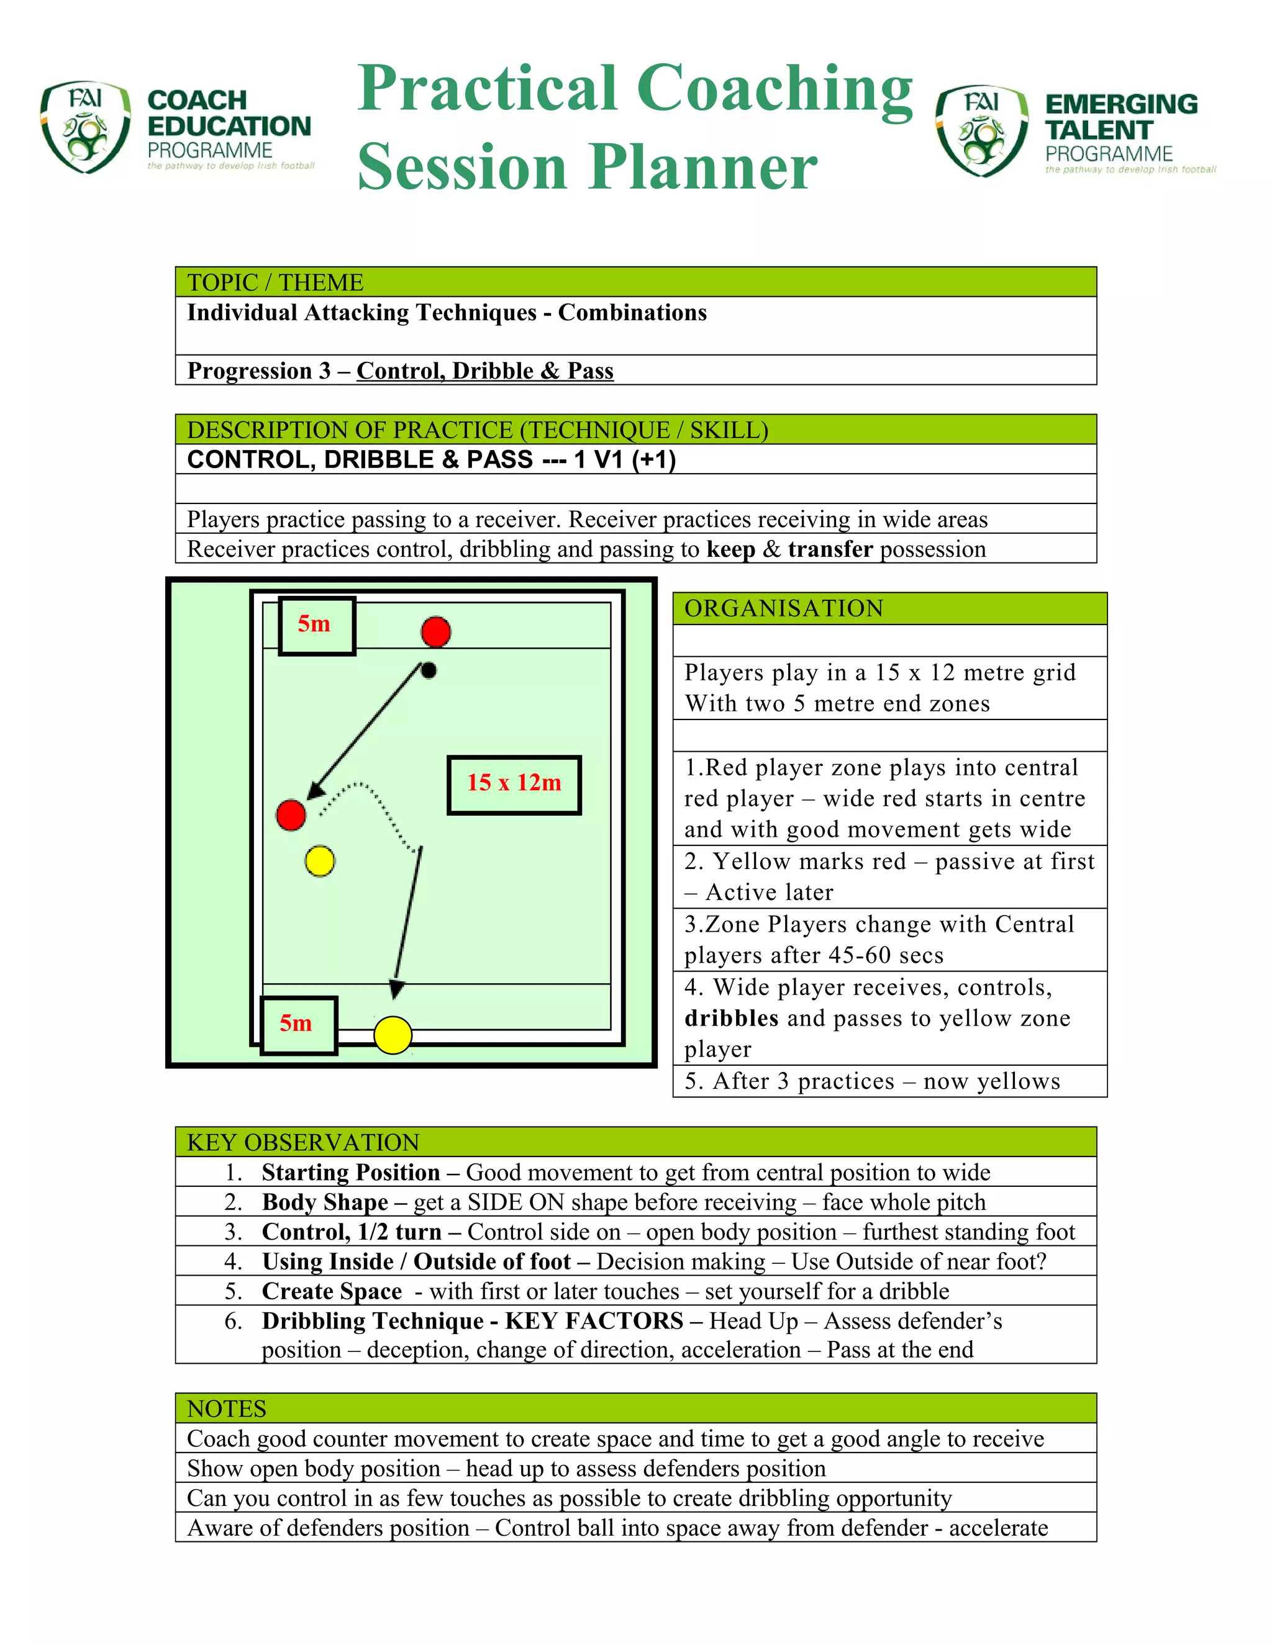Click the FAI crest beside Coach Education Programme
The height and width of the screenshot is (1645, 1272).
pos(84,127)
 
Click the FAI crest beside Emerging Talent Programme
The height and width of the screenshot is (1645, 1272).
pos(981,130)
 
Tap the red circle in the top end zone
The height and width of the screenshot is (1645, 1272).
pos(435,631)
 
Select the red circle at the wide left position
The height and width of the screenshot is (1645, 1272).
pos(291,815)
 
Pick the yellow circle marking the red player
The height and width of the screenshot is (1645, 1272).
pos(319,861)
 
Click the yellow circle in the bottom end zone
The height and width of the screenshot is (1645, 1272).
pos(393,1035)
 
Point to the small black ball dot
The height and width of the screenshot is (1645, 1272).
pos(429,670)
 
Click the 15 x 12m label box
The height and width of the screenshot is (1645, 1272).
pos(514,785)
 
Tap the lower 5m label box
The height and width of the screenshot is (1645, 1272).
pos(298,1024)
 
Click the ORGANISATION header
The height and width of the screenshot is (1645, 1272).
pos(784,608)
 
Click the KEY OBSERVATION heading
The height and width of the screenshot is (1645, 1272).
pos(303,1142)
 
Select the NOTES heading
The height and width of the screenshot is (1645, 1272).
pos(226,1408)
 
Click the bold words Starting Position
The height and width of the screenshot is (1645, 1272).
pos(350,1172)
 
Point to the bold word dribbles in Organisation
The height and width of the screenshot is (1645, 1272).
pos(731,1017)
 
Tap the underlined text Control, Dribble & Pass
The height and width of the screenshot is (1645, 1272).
pos(484,371)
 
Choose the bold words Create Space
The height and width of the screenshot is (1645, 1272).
pos(332,1291)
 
